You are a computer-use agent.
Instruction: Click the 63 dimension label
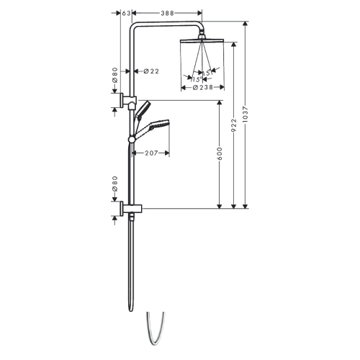coord(125,13)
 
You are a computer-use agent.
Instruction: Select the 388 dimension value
coord(167,13)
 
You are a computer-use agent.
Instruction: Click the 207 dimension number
coord(151,153)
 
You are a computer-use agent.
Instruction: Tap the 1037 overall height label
coord(246,114)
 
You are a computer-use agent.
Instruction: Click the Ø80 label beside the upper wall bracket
coord(114,75)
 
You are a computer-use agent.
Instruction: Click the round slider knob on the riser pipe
coord(132,138)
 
